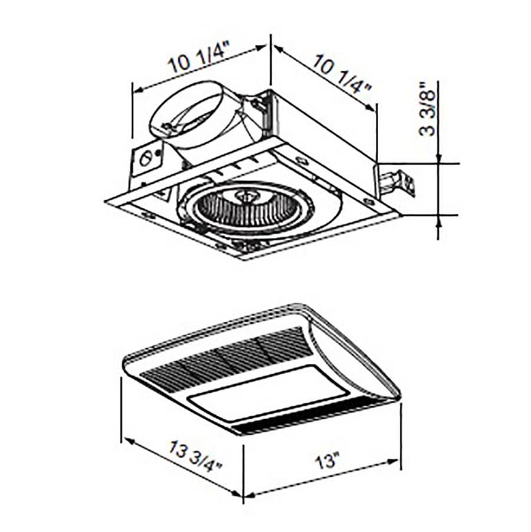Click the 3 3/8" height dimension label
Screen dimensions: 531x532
click(427, 109)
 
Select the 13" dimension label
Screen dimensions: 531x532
click(327, 461)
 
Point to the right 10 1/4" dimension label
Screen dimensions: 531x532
click(342, 74)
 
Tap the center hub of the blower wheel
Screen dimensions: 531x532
click(245, 196)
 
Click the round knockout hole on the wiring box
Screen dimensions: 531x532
click(146, 158)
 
